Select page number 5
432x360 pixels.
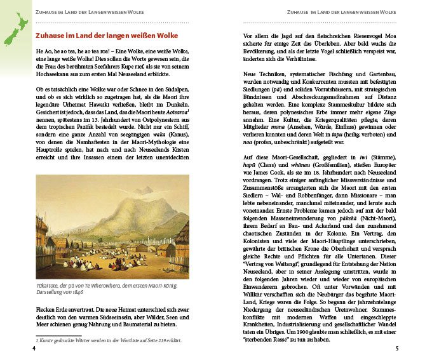pyautogui.click(x=396, y=348)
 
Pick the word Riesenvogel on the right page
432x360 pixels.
pyautogui.click(x=363, y=36)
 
